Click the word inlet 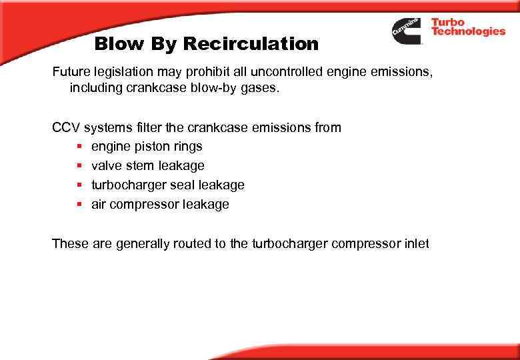(416, 243)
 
